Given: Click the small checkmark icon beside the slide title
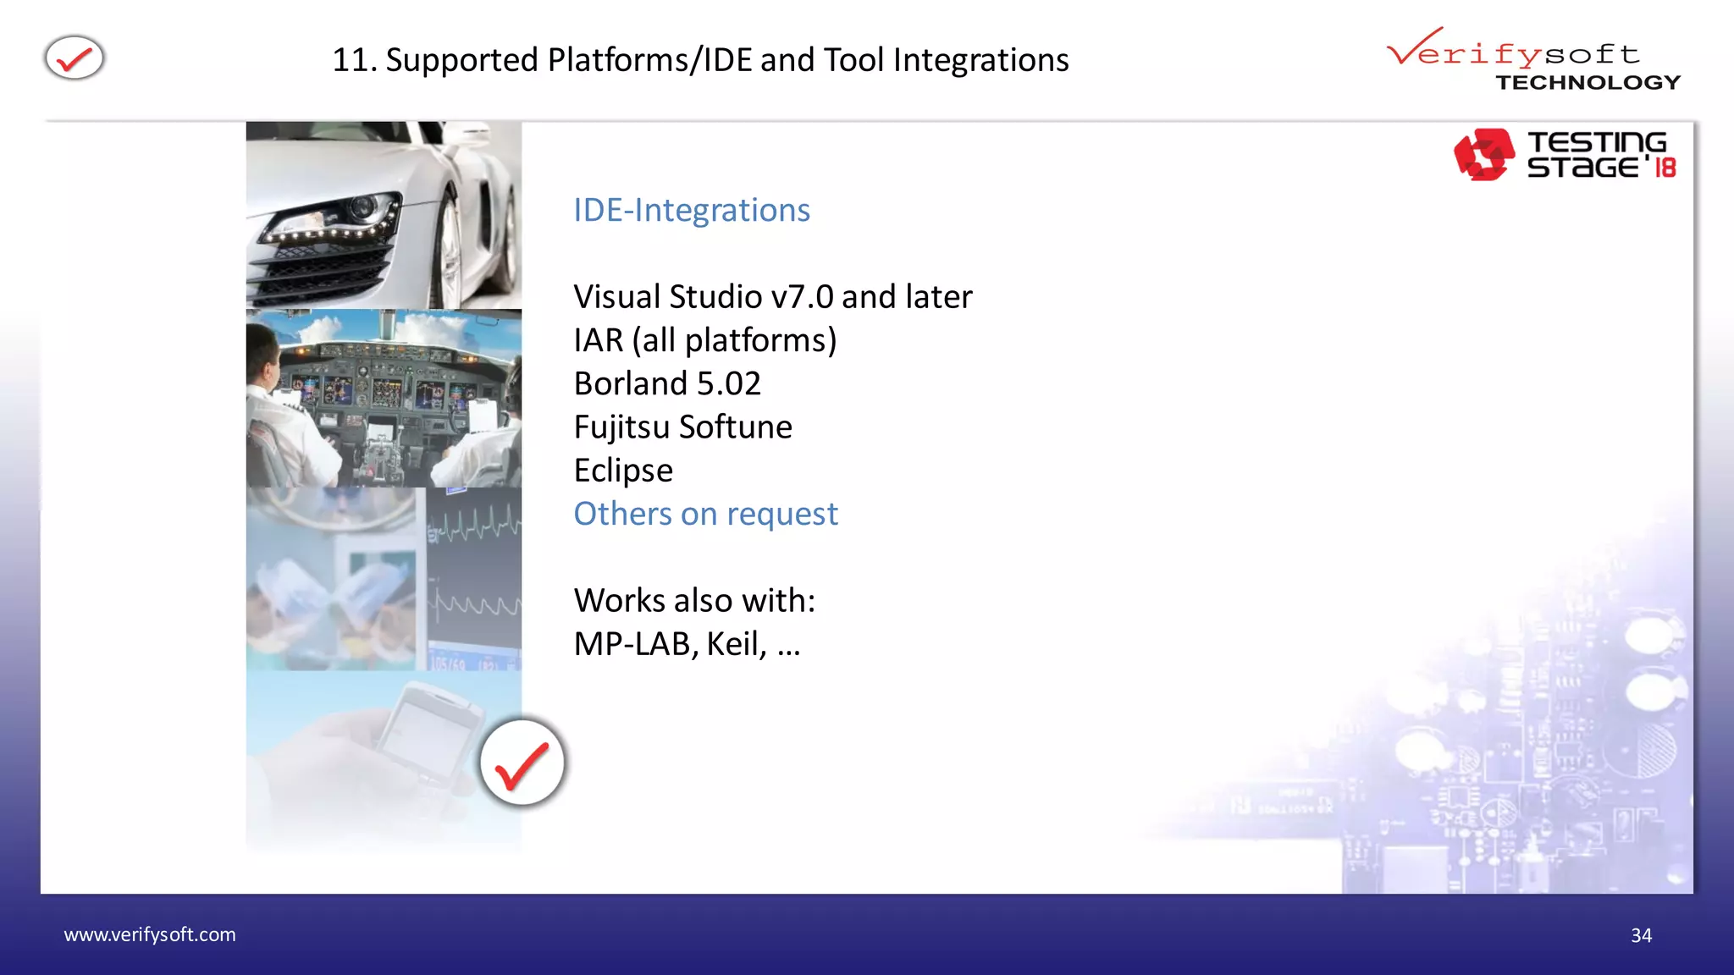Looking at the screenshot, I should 75,58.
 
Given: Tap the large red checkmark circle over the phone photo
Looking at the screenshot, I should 522,763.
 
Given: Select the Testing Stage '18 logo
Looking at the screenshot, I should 1565,155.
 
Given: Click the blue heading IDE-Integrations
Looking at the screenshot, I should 691,210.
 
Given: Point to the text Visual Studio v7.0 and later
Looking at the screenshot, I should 772,297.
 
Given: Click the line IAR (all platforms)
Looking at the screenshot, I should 704,340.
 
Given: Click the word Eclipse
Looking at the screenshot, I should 623,471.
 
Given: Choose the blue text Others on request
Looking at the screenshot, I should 705,514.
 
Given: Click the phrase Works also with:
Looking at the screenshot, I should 694,600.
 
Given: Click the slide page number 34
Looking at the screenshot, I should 1641,935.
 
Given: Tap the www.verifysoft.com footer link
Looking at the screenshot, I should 150,934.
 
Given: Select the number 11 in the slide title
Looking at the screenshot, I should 349,60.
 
